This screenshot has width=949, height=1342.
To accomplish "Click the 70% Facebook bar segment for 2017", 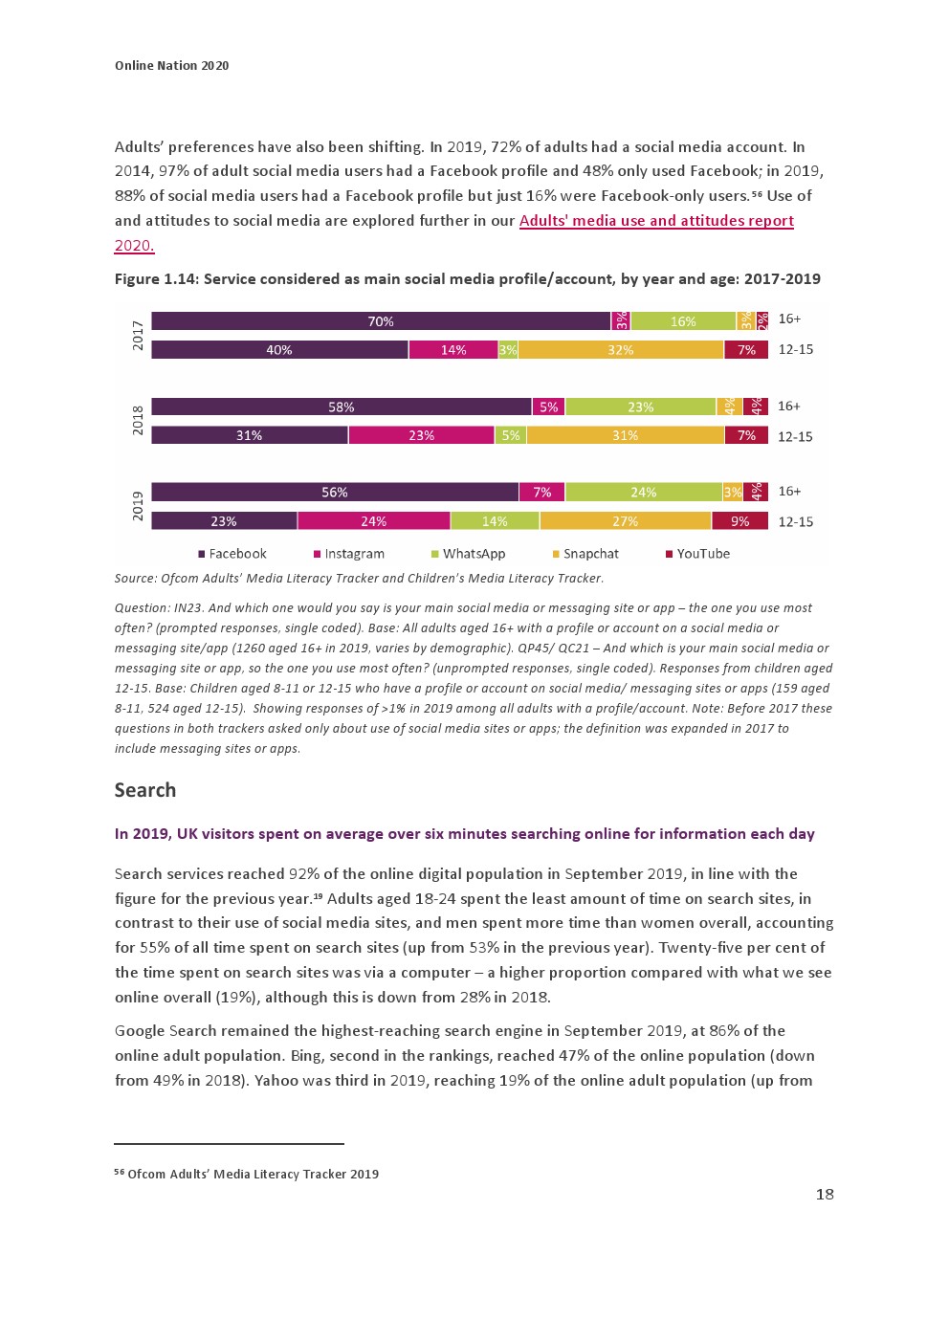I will point(381,321).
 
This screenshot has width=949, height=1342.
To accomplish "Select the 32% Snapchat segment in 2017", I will point(620,350).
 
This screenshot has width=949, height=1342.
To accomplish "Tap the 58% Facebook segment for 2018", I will point(342,407).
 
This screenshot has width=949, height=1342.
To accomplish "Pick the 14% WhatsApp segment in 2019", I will point(495,521).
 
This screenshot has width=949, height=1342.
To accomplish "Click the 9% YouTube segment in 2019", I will point(739,521).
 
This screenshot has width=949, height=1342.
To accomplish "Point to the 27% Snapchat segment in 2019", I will point(625,521).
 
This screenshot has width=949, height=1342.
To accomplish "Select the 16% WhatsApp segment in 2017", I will point(683,321).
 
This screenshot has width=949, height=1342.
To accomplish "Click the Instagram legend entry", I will point(349,554).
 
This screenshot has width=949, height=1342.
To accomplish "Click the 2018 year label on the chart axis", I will point(137,421).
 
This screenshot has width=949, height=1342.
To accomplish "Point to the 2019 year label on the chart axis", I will point(137,506).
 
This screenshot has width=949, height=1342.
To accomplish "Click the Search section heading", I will point(145,790).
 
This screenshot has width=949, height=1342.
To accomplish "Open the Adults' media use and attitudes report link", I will point(656,221).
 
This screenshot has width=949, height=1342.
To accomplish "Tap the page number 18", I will point(824,1194).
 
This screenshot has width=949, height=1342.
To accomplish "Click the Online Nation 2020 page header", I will point(171,66).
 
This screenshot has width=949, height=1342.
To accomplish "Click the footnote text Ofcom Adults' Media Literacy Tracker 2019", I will point(253,1174).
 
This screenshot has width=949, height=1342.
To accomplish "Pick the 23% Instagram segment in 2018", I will point(421,435).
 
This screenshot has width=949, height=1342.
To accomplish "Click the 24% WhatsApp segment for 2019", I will point(643,493).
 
